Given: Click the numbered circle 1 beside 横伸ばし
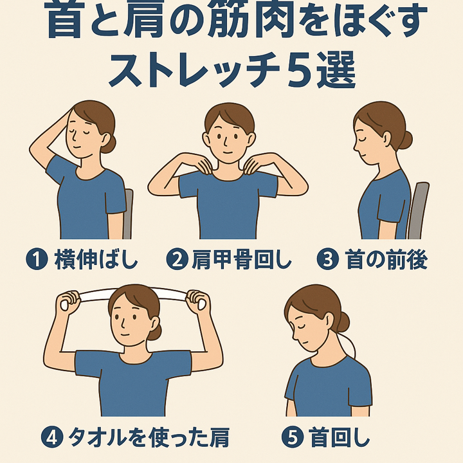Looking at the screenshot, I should [x=37, y=260].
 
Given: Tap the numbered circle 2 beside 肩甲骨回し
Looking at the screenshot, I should [x=176, y=260].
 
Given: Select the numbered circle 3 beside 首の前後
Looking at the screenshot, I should [x=328, y=260].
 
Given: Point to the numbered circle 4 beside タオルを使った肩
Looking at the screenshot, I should [x=52, y=437].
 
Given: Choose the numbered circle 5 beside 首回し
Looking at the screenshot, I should [x=292, y=437].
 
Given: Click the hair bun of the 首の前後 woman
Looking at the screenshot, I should [x=406, y=139].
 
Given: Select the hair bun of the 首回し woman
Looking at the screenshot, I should [x=343, y=322].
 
